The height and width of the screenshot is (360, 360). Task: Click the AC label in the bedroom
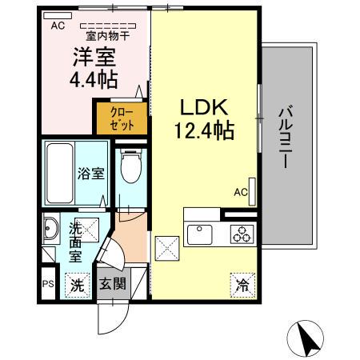[x=57, y=26]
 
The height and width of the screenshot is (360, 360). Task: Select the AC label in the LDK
[x=240, y=192]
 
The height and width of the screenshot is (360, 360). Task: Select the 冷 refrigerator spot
[x=241, y=283]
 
